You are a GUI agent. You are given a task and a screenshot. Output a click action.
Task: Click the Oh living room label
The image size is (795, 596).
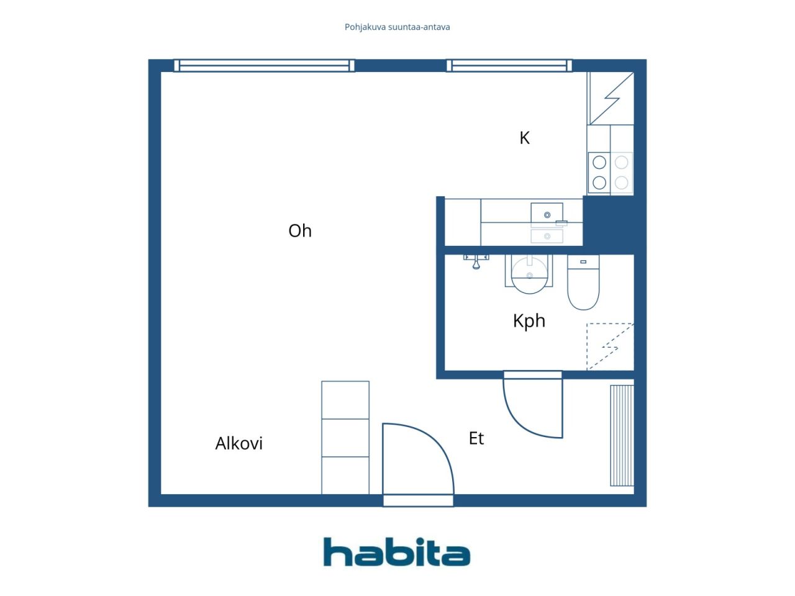[x=299, y=230]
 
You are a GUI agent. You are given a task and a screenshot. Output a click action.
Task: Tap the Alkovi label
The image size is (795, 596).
[x=238, y=443]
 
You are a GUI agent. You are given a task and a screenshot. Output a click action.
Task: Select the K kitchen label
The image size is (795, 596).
[x=524, y=138]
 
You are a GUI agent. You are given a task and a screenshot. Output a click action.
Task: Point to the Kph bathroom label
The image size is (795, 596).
[x=529, y=321]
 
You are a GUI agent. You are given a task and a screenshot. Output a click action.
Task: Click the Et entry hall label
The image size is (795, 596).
[x=476, y=438]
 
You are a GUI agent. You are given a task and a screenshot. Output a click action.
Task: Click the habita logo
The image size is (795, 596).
[x=397, y=552]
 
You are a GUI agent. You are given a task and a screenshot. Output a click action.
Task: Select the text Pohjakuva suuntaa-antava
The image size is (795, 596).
[x=397, y=27]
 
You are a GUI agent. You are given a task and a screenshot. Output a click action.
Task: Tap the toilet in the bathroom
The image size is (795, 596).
[x=583, y=282]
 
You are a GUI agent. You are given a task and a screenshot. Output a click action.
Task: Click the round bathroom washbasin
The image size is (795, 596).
[x=529, y=275]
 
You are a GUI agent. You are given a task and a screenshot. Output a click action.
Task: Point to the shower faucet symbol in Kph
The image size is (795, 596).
[x=476, y=261]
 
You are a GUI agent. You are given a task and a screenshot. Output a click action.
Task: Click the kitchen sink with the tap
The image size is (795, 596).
[x=547, y=215]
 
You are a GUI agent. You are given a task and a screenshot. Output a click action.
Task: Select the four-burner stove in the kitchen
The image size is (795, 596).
[x=611, y=173]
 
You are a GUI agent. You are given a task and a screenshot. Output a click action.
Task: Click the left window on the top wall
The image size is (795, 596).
[x=264, y=66]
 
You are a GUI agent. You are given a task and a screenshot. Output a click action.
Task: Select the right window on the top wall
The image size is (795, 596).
[x=509, y=66]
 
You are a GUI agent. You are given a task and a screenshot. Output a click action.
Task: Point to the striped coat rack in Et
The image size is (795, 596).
[x=622, y=435]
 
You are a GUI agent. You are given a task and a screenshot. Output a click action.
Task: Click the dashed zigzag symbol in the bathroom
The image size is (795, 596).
[x=610, y=346]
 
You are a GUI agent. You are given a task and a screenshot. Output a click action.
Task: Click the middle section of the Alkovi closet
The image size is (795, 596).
[x=345, y=438]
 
